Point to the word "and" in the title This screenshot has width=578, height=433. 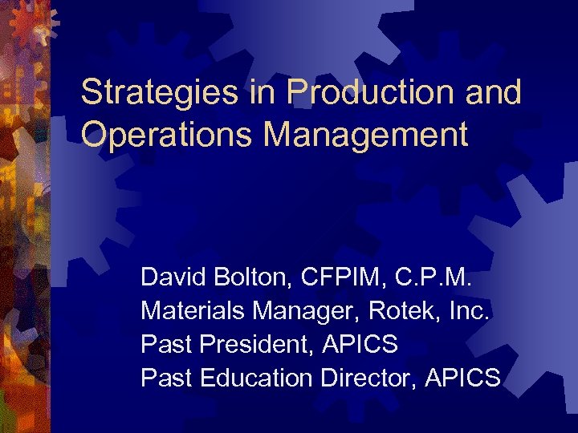(x=495, y=93)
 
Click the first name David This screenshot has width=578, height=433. (x=169, y=278)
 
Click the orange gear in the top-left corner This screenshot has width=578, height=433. (x=32, y=22)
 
